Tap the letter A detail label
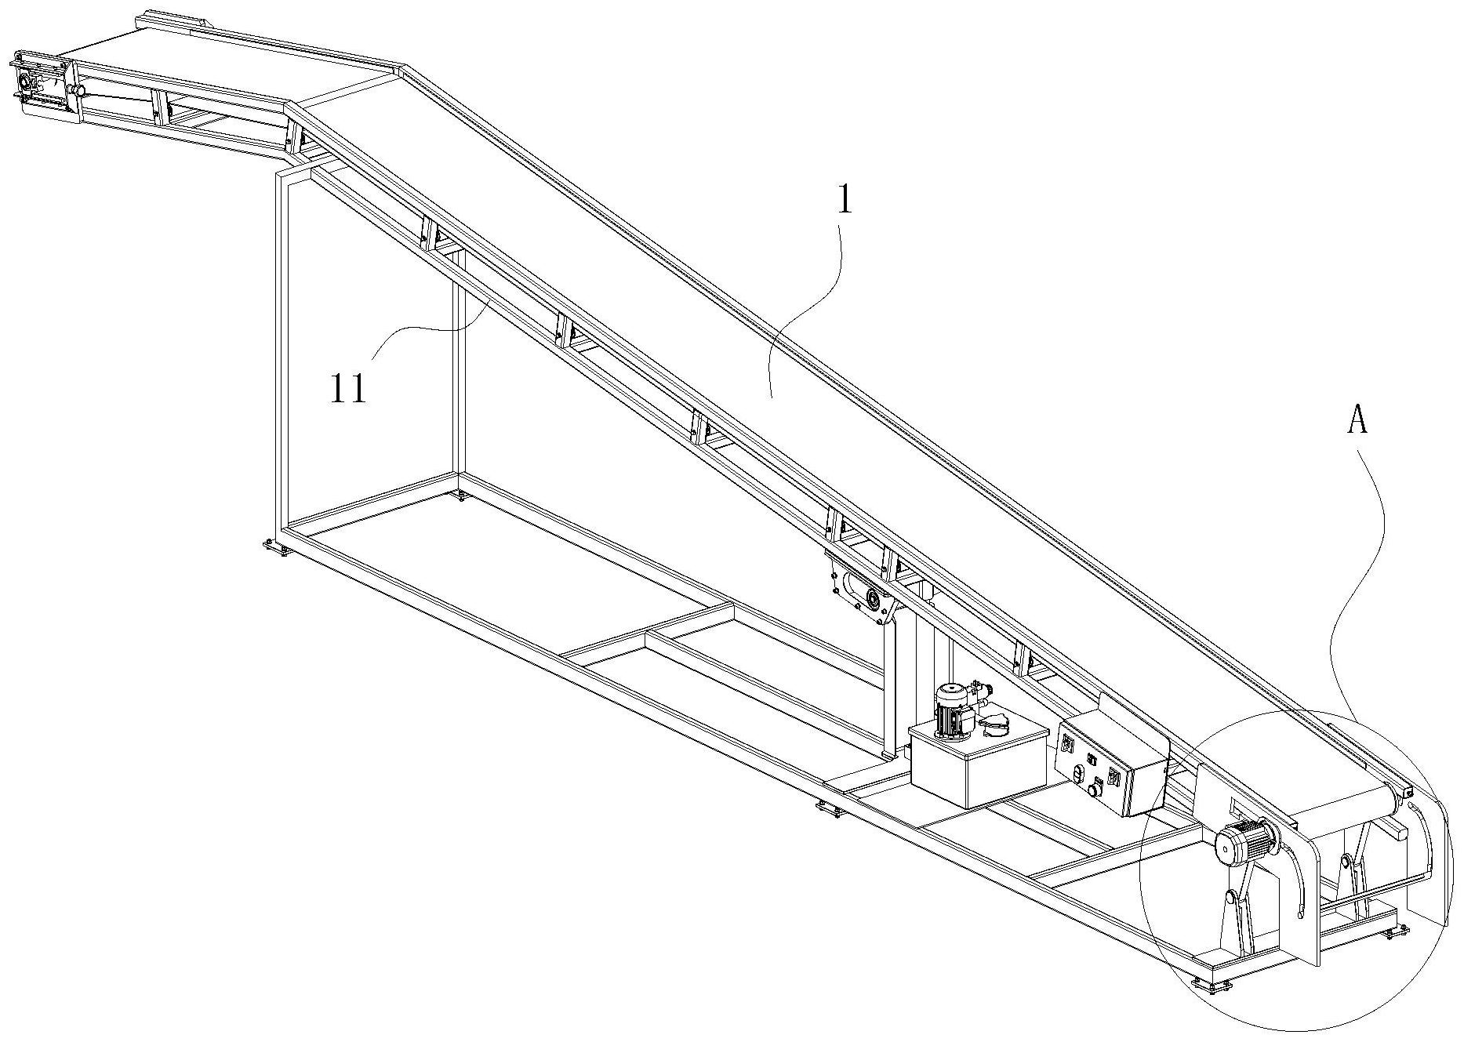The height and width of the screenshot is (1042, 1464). [1357, 421]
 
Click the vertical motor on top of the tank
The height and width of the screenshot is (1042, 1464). [950, 710]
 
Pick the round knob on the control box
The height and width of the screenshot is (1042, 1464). [1093, 790]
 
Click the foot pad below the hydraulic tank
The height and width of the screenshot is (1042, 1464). [830, 809]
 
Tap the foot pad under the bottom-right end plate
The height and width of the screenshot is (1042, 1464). [1396, 931]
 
